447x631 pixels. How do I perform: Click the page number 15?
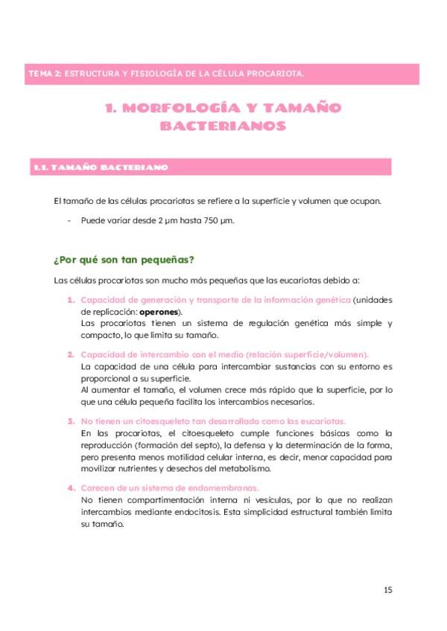pos(387,590)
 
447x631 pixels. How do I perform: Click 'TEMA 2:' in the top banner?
pos(44,74)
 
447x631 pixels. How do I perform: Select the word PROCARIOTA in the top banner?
pos(273,74)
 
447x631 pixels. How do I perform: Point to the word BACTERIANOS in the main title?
pos(223,126)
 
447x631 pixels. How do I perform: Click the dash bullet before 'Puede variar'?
pos(69,220)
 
